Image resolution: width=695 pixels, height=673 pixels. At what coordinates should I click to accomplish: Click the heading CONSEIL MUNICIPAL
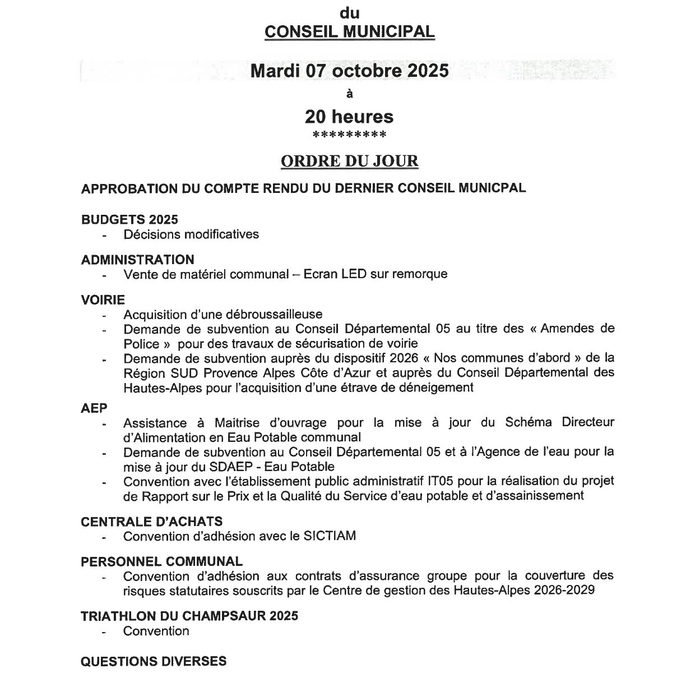tap(349, 31)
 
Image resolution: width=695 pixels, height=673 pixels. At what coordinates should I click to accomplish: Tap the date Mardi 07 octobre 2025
tap(349, 71)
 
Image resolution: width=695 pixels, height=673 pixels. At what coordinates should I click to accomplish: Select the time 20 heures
tap(349, 117)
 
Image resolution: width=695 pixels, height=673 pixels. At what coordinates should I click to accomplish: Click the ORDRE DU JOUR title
tap(349, 162)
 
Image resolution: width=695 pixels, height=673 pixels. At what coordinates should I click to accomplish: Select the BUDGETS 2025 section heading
tap(129, 220)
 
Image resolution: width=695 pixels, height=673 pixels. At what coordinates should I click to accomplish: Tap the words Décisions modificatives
tap(191, 234)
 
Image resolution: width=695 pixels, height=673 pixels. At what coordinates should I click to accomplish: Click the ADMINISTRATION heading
tap(138, 260)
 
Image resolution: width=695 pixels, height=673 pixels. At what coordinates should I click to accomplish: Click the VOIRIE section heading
tap(103, 300)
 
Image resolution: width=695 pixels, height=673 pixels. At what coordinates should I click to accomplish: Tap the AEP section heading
tap(94, 408)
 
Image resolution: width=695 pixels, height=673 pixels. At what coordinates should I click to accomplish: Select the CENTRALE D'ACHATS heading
tap(151, 522)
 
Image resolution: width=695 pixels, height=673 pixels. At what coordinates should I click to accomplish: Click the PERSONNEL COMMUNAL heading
tap(162, 561)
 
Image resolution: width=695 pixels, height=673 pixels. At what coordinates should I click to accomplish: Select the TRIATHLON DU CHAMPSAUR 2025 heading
tap(189, 616)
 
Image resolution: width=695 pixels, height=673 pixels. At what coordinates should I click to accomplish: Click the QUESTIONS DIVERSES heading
tap(154, 661)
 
